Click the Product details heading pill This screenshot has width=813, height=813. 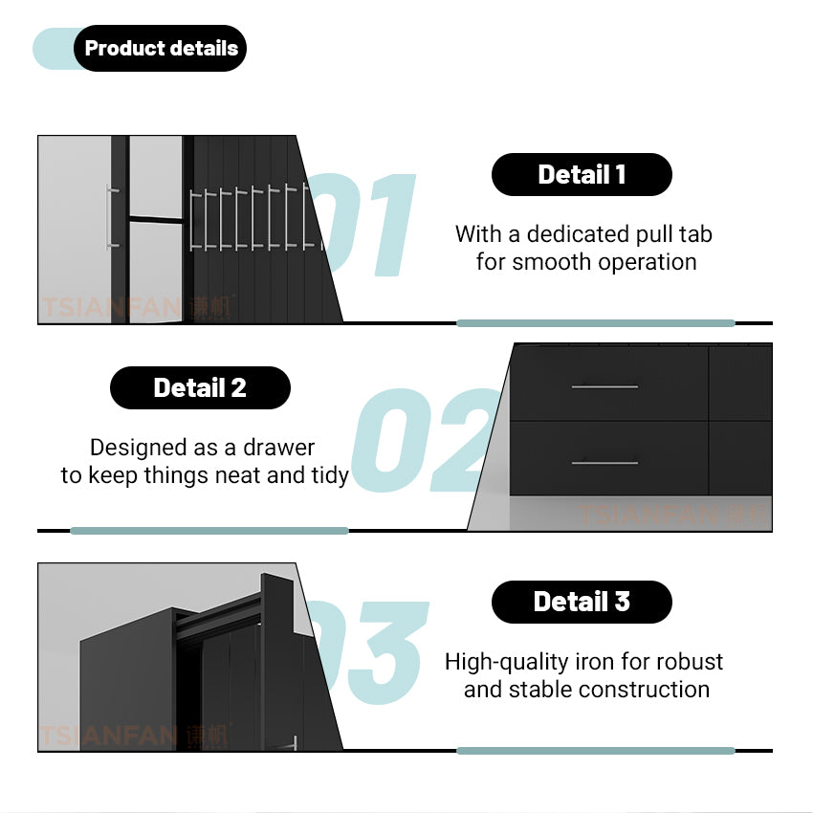point(160,48)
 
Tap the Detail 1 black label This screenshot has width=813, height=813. point(582,174)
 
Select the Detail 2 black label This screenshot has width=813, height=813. point(200,387)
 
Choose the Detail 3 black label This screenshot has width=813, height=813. point(582,602)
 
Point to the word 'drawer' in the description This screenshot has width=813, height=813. point(279,448)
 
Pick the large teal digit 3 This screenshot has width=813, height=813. point(387,652)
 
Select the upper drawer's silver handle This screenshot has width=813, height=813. point(604,386)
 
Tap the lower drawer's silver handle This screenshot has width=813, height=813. point(604,463)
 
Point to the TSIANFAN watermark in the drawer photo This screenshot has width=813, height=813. point(671,515)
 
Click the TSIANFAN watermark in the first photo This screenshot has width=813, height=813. point(137,307)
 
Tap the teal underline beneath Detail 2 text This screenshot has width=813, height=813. point(209,531)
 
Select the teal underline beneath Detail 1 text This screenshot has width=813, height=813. point(596,323)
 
